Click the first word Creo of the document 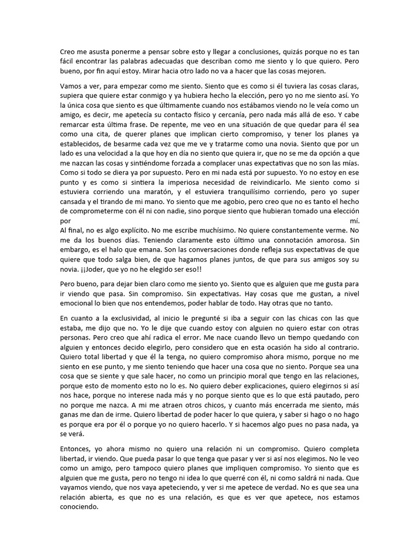click(x=68, y=51)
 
